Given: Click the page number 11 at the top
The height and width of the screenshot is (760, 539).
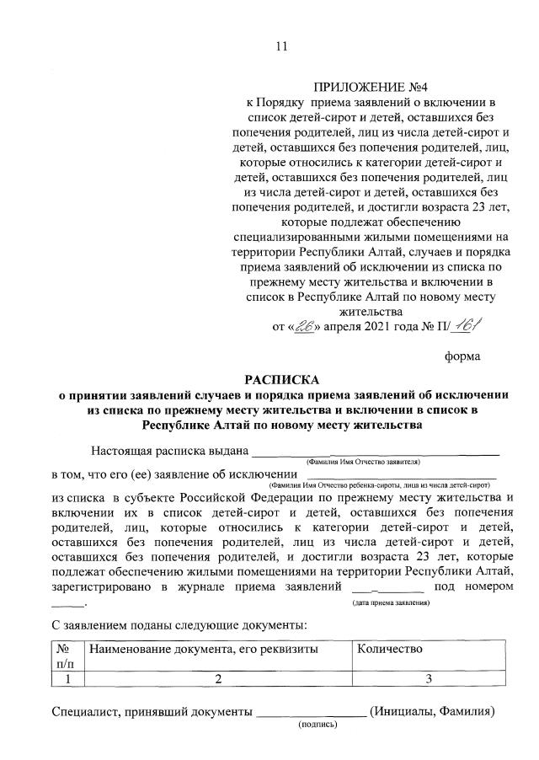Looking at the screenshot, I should tap(281, 46).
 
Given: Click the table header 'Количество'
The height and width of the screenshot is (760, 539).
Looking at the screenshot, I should tap(389, 649).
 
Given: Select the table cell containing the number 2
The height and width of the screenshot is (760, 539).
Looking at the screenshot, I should tap(216, 678).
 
